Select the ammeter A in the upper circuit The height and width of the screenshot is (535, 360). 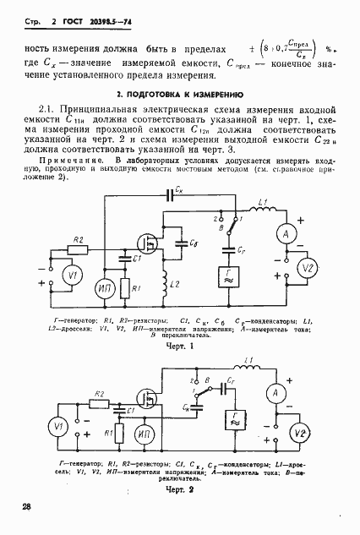point(286,232)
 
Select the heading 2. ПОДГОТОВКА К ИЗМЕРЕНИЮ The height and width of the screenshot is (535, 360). point(180,96)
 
